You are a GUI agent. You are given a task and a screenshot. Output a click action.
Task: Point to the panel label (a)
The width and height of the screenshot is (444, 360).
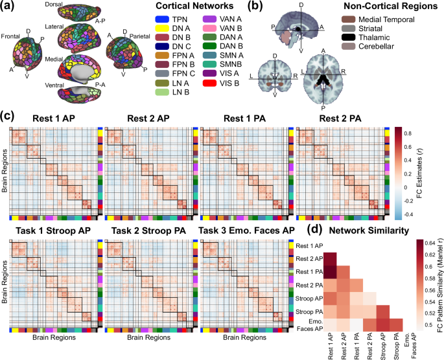tap(9, 6)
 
